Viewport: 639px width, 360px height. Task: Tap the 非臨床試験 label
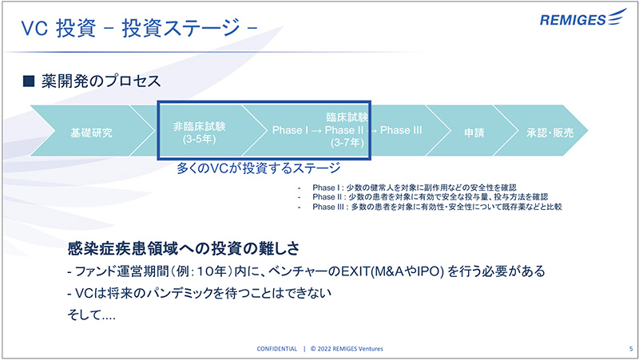click(199, 126)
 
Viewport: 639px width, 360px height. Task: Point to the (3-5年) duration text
click(199, 140)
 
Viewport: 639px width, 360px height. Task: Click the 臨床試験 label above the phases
click(347, 117)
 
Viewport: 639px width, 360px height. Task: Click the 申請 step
click(474, 133)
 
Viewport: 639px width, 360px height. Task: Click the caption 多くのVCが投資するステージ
click(259, 168)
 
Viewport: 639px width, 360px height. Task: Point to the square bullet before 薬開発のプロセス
click(28, 81)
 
